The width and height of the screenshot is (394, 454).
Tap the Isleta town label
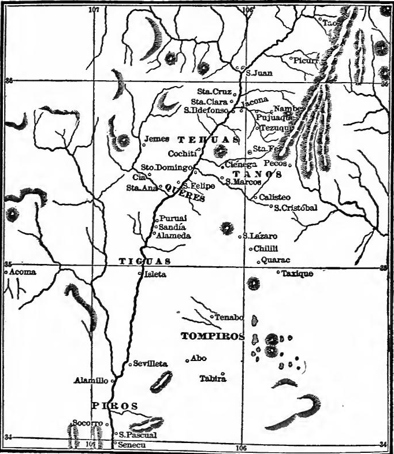tap(155, 274)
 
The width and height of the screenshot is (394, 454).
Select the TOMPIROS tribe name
tap(212, 336)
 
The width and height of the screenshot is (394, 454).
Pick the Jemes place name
tap(157, 139)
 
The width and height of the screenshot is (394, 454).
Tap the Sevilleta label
tap(150, 364)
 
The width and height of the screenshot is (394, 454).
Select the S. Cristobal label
tap(296, 208)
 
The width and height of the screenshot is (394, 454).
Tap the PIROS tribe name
tap(114, 406)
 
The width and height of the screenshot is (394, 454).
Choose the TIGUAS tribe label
tap(144, 262)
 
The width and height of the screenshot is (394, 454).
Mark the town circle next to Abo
tap(187, 361)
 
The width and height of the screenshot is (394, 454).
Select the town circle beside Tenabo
tap(211, 317)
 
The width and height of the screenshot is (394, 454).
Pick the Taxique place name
tap(297, 273)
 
